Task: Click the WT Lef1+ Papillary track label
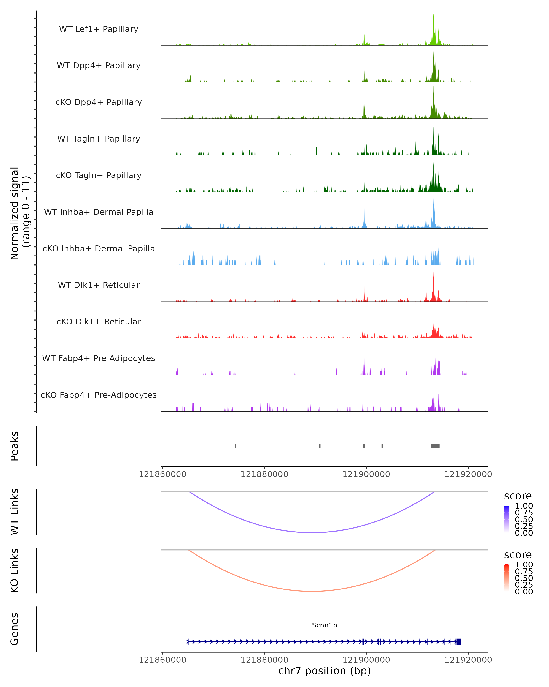[x=99, y=29]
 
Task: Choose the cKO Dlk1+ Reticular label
[x=99, y=322]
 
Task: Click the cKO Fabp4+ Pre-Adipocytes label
[x=99, y=395]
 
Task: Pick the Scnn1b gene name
[x=324, y=625]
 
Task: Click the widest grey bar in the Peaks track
[x=435, y=446]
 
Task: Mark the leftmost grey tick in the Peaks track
[x=236, y=446]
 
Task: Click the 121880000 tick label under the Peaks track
[x=264, y=474]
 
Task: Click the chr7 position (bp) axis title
[x=324, y=671]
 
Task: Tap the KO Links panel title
[x=15, y=570]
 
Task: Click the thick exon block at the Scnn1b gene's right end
[x=458, y=641]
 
